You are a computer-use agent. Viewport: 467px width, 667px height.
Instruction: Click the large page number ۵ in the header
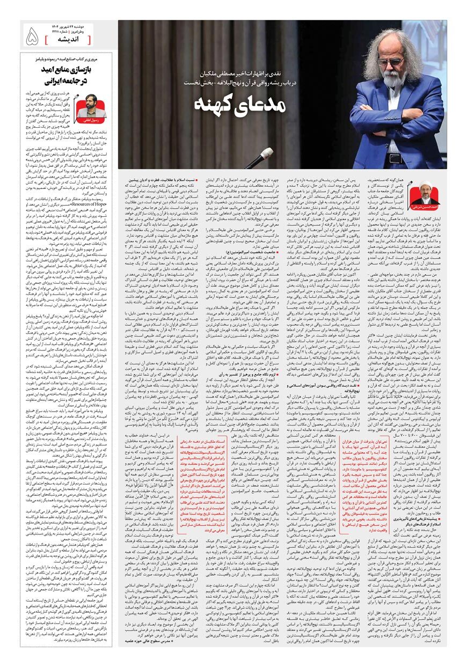click(x=32, y=37)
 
